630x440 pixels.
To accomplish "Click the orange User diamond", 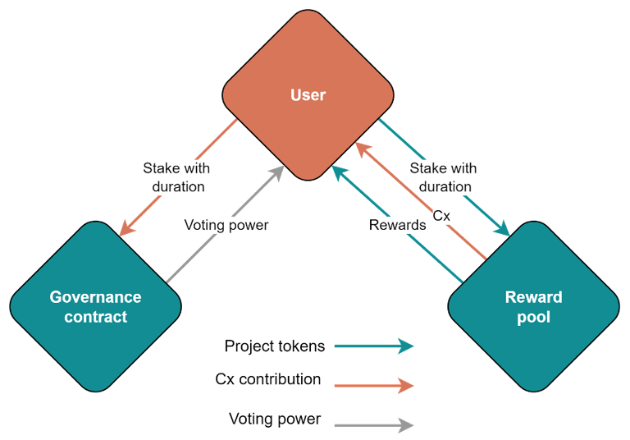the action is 308,95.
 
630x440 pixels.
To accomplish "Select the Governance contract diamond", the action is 96,306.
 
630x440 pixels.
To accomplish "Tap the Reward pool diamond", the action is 533,306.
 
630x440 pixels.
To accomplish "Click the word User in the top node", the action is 308,95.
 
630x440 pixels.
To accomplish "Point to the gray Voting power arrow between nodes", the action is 225,224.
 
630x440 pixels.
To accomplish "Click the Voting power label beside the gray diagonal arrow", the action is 226,225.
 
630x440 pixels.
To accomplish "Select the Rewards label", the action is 397,225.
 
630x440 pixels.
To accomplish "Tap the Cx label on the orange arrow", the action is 441,216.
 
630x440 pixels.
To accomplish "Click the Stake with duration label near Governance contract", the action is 177,177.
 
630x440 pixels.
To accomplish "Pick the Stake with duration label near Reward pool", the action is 444,177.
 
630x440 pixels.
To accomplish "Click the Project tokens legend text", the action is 275,346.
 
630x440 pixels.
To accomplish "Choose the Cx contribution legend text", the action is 268,379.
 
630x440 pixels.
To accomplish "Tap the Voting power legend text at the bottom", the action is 275,419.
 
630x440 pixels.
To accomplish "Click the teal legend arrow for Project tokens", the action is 374,346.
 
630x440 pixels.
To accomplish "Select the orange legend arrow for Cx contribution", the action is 374,386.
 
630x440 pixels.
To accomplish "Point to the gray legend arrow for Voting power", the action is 374,425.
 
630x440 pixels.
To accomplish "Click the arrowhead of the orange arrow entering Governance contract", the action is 126,229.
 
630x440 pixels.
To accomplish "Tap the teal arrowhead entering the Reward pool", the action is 503,229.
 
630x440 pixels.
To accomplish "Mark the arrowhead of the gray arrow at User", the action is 278,172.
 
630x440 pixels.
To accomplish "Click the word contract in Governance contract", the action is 96,317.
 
